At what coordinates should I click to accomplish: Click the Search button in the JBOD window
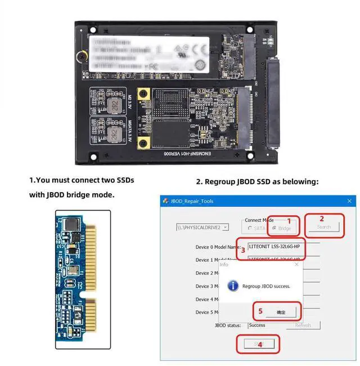tap(323, 227)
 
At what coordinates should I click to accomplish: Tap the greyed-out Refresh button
tap(303, 325)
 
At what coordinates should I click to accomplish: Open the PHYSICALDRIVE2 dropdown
tap(202, 227)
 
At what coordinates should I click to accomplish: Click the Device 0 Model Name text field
tap(284, 247)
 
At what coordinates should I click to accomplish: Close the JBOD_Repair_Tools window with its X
tap(350, 201)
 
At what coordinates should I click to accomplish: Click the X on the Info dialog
tap(296, 264)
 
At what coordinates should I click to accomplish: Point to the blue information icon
tap(233, 286)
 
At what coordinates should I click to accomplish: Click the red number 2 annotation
tap(322, 218)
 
